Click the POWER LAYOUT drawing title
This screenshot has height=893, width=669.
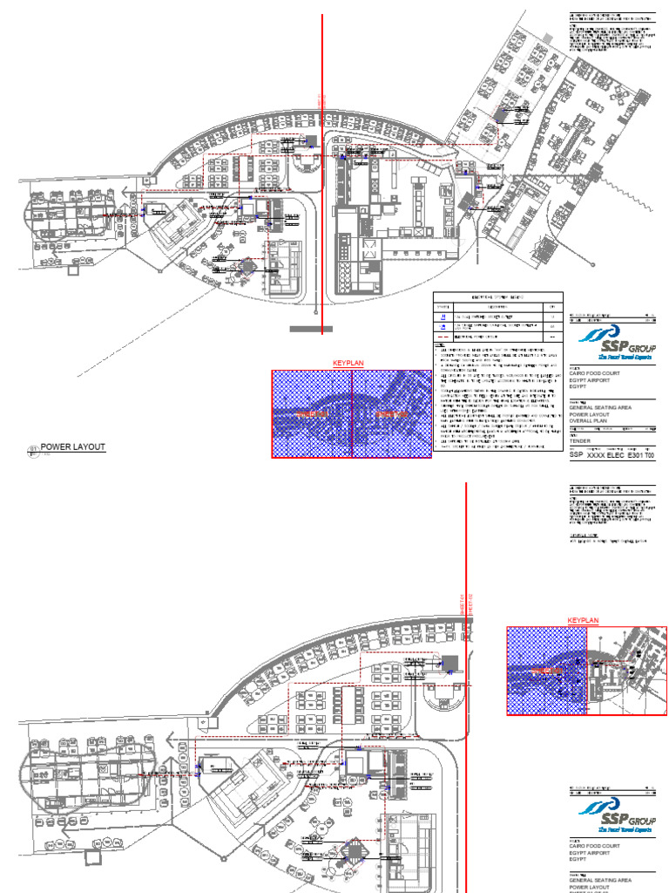[73, 447]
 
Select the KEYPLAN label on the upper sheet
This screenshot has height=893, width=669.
[347, 364]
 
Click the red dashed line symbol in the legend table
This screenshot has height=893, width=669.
[444, 335]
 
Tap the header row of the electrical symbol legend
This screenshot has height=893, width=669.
[499, 297]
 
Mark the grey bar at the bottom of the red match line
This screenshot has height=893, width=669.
[311, 329]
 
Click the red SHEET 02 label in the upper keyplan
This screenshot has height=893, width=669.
[390, 413]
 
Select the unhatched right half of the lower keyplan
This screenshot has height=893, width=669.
[628, 670]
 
